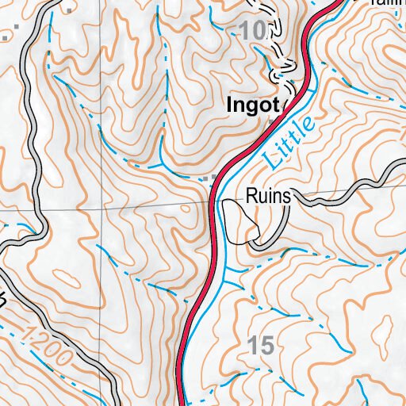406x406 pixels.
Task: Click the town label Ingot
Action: [252, 104]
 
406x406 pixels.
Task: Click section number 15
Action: [260, 345]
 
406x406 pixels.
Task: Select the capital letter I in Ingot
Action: [228, 104]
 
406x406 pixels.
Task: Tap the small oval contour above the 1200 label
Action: [67, 279]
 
